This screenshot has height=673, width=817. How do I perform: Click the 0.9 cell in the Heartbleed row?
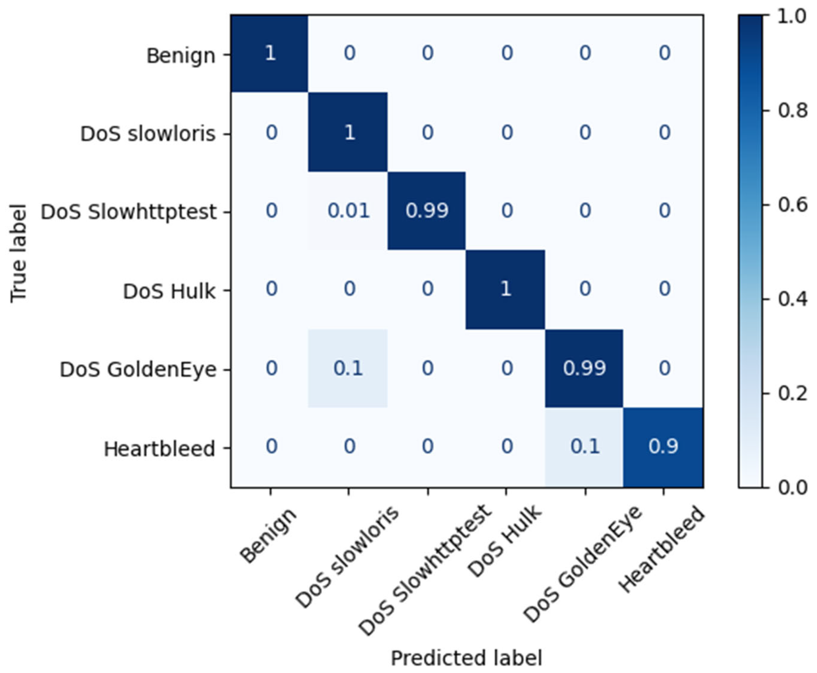[x=663, y=446]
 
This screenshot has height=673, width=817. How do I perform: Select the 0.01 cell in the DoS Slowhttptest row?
[x=348, y=211]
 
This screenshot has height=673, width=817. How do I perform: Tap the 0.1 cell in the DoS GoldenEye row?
[x=348, y=368]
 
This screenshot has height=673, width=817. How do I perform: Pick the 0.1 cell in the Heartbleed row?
[x=585, y=446]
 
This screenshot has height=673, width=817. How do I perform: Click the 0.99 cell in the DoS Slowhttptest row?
[x=427, y=211]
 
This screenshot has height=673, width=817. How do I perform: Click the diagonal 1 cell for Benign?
[x=270, y=53]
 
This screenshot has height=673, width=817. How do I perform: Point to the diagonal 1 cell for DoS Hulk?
[x=506, y=289]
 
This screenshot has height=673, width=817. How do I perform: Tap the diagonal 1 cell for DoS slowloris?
[x=349, y=133]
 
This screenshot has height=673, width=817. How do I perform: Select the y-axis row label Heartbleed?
[x=159, y=449]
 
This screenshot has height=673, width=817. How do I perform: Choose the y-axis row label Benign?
[x=180, y=56]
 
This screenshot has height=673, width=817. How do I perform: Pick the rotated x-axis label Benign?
[x=268, y=535]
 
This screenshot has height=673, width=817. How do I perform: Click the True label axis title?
[x=18, y=253]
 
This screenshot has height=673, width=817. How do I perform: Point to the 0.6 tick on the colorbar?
[x=792, y=205]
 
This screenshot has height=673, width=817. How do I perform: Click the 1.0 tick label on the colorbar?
[x=792, y=16]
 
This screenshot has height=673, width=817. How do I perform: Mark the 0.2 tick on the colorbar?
[x=792, y=394]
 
